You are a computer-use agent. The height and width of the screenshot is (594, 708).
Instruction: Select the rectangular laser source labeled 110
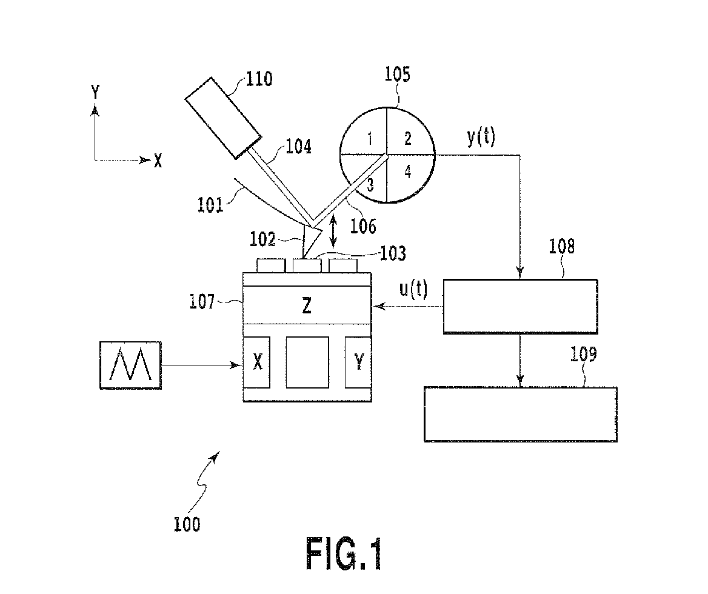point(222,118)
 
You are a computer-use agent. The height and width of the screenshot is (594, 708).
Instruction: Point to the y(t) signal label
point(481,138)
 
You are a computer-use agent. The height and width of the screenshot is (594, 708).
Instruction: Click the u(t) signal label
point(413,290)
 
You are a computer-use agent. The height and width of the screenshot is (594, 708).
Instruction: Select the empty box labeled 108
point(520,306)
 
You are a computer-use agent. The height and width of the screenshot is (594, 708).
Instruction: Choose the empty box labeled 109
point(520,414)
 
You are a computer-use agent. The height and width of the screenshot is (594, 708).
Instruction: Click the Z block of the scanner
point(307,305)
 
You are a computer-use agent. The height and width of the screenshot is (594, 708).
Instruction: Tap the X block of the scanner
point(258,362)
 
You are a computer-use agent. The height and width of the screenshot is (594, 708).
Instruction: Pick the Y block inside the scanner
point(358,362)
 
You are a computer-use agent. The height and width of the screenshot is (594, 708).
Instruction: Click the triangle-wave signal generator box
point(131,365)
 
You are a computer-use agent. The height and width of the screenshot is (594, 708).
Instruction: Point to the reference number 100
point(186,524)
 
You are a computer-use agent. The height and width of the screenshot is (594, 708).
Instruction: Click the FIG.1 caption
point(344,553)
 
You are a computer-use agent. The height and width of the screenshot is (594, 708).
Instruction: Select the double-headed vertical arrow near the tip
point(333,233)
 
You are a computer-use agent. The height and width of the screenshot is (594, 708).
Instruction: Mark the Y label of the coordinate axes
point(95,92)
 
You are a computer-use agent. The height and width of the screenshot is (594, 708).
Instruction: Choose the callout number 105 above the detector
point(398,75)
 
